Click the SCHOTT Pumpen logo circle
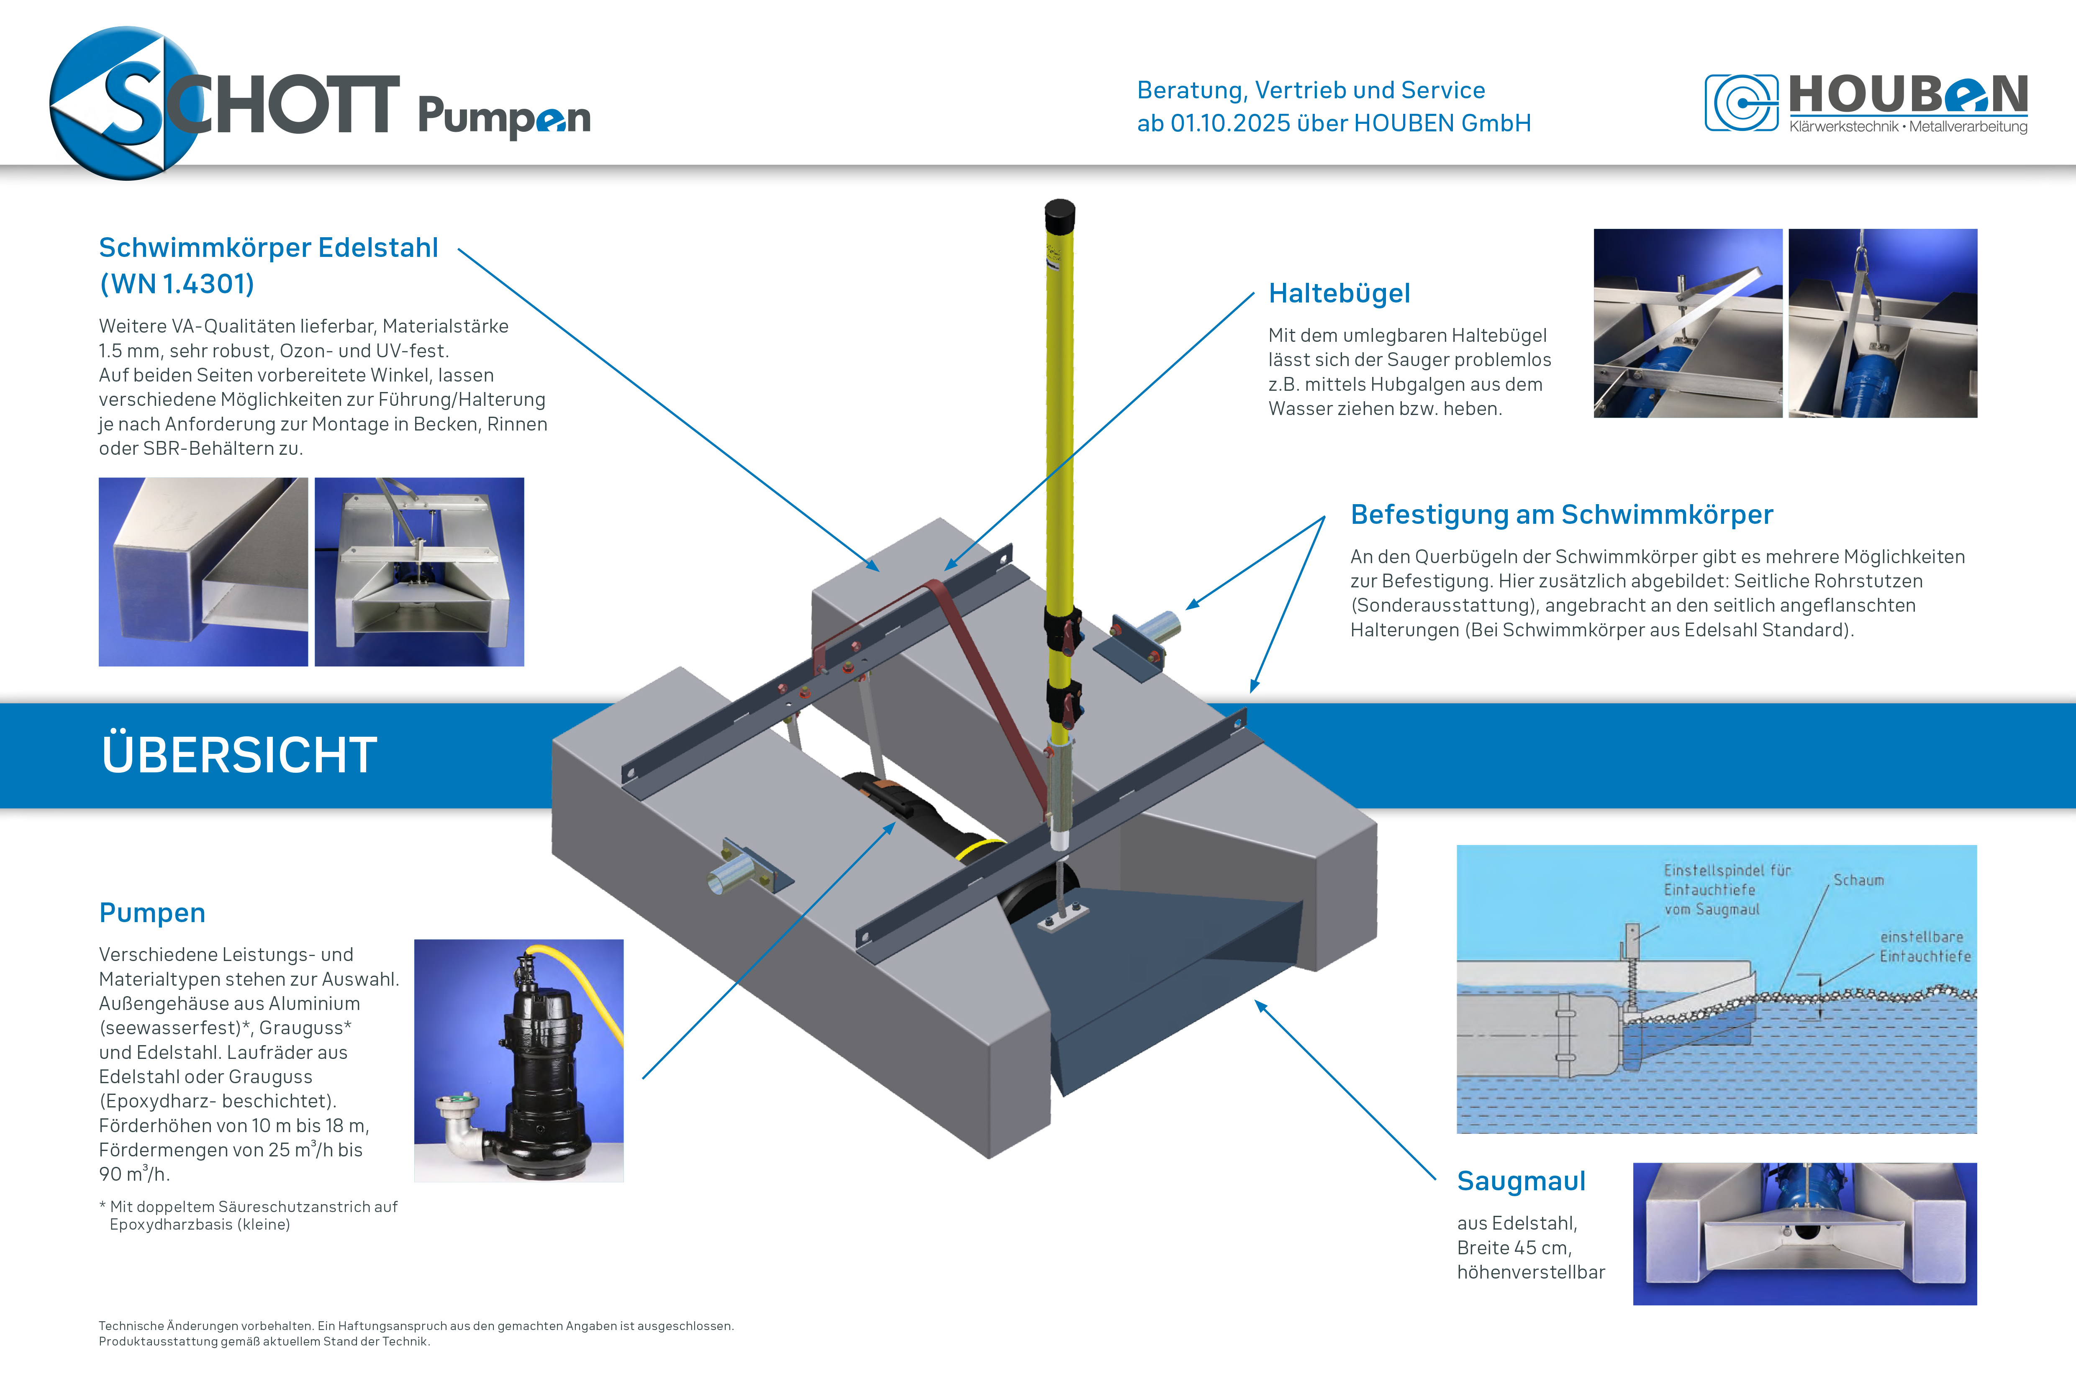[x=123, y=103]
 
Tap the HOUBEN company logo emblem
[x=1740, y=103]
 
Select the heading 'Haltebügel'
[x=1339, y=293]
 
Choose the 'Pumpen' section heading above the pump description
[x=152, y=912]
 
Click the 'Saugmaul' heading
[x=1521, y=1181]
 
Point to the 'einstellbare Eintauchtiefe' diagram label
[x=1924, y=946]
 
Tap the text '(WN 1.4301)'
[x=177, y=284]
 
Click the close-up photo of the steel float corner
[x=203, y=572]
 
